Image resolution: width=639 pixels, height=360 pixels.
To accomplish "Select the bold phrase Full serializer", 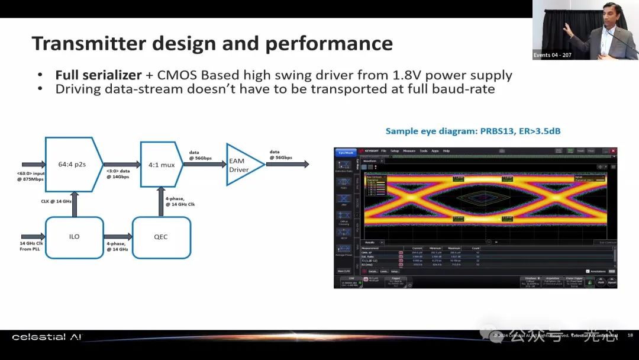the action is pyautogui.click(x=98, y=75).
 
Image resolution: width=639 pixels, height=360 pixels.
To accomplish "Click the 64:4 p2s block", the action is pyautogui.click(x=70, y=164).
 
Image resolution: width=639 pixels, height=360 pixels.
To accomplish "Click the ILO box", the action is pyautogui.click(x=74, y=237).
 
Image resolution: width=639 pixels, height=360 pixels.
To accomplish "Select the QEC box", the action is pyautogui.click(x=161, y=237).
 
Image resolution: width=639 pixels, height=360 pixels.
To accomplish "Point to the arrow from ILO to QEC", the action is pyautogui.click(x=117, y=237).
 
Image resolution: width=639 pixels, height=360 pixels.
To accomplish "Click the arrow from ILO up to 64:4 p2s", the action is pyautogui.click(x=75, y=204).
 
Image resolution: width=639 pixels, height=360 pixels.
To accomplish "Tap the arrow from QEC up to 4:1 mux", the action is pyautogui.click(x=161, y=201).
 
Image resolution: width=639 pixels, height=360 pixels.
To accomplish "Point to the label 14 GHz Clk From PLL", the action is pyautogui.click(x=31, y=246).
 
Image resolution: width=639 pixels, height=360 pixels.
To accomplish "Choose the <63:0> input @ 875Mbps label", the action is pyautogui.click(x=30, y=176).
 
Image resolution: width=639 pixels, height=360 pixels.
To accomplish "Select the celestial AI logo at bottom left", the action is pyautogui.click(x=47, y=337).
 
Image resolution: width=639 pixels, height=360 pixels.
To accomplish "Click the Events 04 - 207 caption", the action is pyautogui.click(x=553, y=55).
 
